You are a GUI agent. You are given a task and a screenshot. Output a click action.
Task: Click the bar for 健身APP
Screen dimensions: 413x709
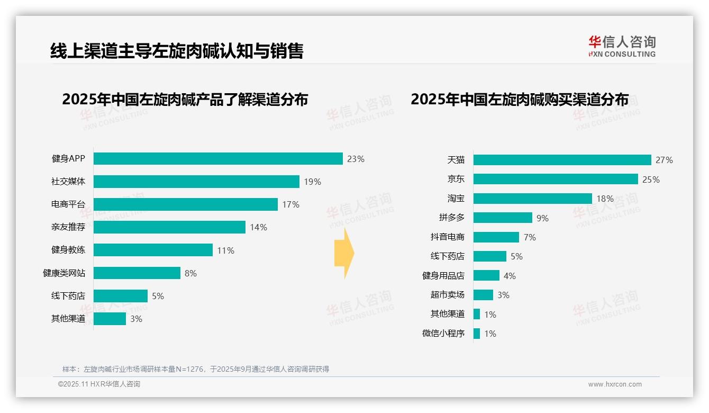218,159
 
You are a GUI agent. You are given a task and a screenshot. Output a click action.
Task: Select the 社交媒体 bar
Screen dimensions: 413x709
196,182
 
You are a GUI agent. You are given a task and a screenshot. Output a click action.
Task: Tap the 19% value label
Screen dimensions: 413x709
312,182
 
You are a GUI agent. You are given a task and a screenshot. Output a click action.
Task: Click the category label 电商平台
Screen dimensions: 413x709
68,204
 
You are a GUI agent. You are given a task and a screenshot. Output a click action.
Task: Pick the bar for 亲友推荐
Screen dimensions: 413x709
169,227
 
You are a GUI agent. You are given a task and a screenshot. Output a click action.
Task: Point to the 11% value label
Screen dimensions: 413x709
225,250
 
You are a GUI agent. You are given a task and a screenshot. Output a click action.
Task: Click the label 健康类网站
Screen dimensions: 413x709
64,273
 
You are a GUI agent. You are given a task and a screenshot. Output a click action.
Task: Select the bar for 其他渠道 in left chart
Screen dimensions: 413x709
110,319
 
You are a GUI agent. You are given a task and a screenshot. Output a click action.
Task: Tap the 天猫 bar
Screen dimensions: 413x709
562,160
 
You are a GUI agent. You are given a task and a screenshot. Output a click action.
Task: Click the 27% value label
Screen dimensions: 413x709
664,160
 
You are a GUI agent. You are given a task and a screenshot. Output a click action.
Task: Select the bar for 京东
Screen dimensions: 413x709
556,179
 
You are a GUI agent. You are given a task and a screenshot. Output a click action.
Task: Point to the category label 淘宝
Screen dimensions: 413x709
456,199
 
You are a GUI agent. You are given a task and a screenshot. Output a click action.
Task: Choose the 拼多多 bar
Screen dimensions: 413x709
503,218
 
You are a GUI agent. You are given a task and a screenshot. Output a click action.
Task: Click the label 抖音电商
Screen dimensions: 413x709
447,237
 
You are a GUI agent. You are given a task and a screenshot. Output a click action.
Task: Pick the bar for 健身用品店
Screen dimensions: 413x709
486,275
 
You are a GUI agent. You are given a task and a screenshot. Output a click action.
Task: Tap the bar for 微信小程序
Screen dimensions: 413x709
477,334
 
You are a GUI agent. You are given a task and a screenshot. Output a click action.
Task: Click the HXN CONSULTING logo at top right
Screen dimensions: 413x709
622,47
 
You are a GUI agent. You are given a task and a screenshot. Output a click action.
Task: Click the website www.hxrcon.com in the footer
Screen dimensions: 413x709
614,384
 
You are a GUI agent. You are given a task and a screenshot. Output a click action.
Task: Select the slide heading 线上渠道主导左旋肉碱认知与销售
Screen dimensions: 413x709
177,51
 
